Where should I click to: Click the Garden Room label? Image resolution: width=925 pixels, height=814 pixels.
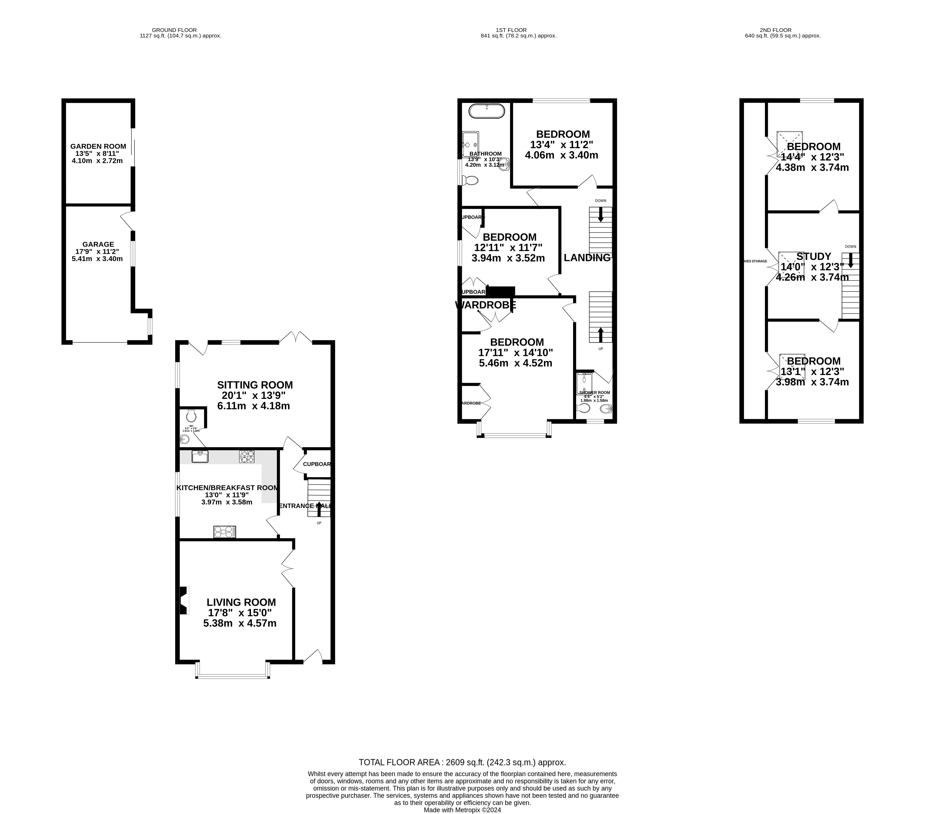click(98, 146)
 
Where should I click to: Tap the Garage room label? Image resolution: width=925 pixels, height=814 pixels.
click(98, 244)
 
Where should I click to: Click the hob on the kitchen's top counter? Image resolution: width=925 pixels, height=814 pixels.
click(247, 456)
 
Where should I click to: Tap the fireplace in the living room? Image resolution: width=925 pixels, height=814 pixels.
click(183, 600)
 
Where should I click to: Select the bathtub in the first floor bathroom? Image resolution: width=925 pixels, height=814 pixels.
click(486, 111)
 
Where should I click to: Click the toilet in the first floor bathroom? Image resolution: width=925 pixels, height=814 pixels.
click(471, 181)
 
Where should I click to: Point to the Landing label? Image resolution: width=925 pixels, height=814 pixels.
click(587, 258)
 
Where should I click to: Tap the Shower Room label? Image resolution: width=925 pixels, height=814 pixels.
click(594, 393)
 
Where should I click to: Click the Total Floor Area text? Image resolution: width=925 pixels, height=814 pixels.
click(462, 762)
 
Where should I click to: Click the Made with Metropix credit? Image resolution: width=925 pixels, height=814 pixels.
click(462, 810)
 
